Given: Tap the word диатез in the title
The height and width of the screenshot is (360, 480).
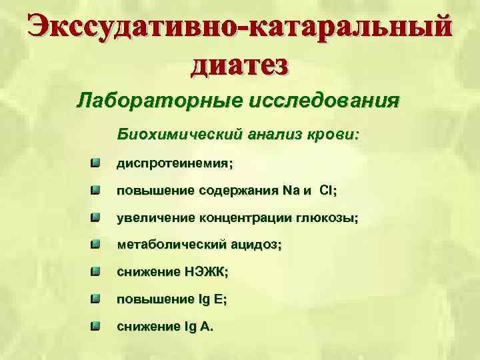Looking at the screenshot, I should pos(240,65).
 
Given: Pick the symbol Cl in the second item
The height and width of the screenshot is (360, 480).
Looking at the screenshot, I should pos(327,191).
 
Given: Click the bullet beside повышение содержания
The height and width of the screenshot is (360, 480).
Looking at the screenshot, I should pos(96,190).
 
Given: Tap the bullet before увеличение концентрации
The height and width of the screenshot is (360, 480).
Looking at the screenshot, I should pos(96,217).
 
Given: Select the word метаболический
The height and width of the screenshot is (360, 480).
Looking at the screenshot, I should pos(172,245).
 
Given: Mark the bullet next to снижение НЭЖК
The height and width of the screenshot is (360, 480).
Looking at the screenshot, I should pos(96,271).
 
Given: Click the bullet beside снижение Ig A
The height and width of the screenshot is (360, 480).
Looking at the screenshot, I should pos(96,326).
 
